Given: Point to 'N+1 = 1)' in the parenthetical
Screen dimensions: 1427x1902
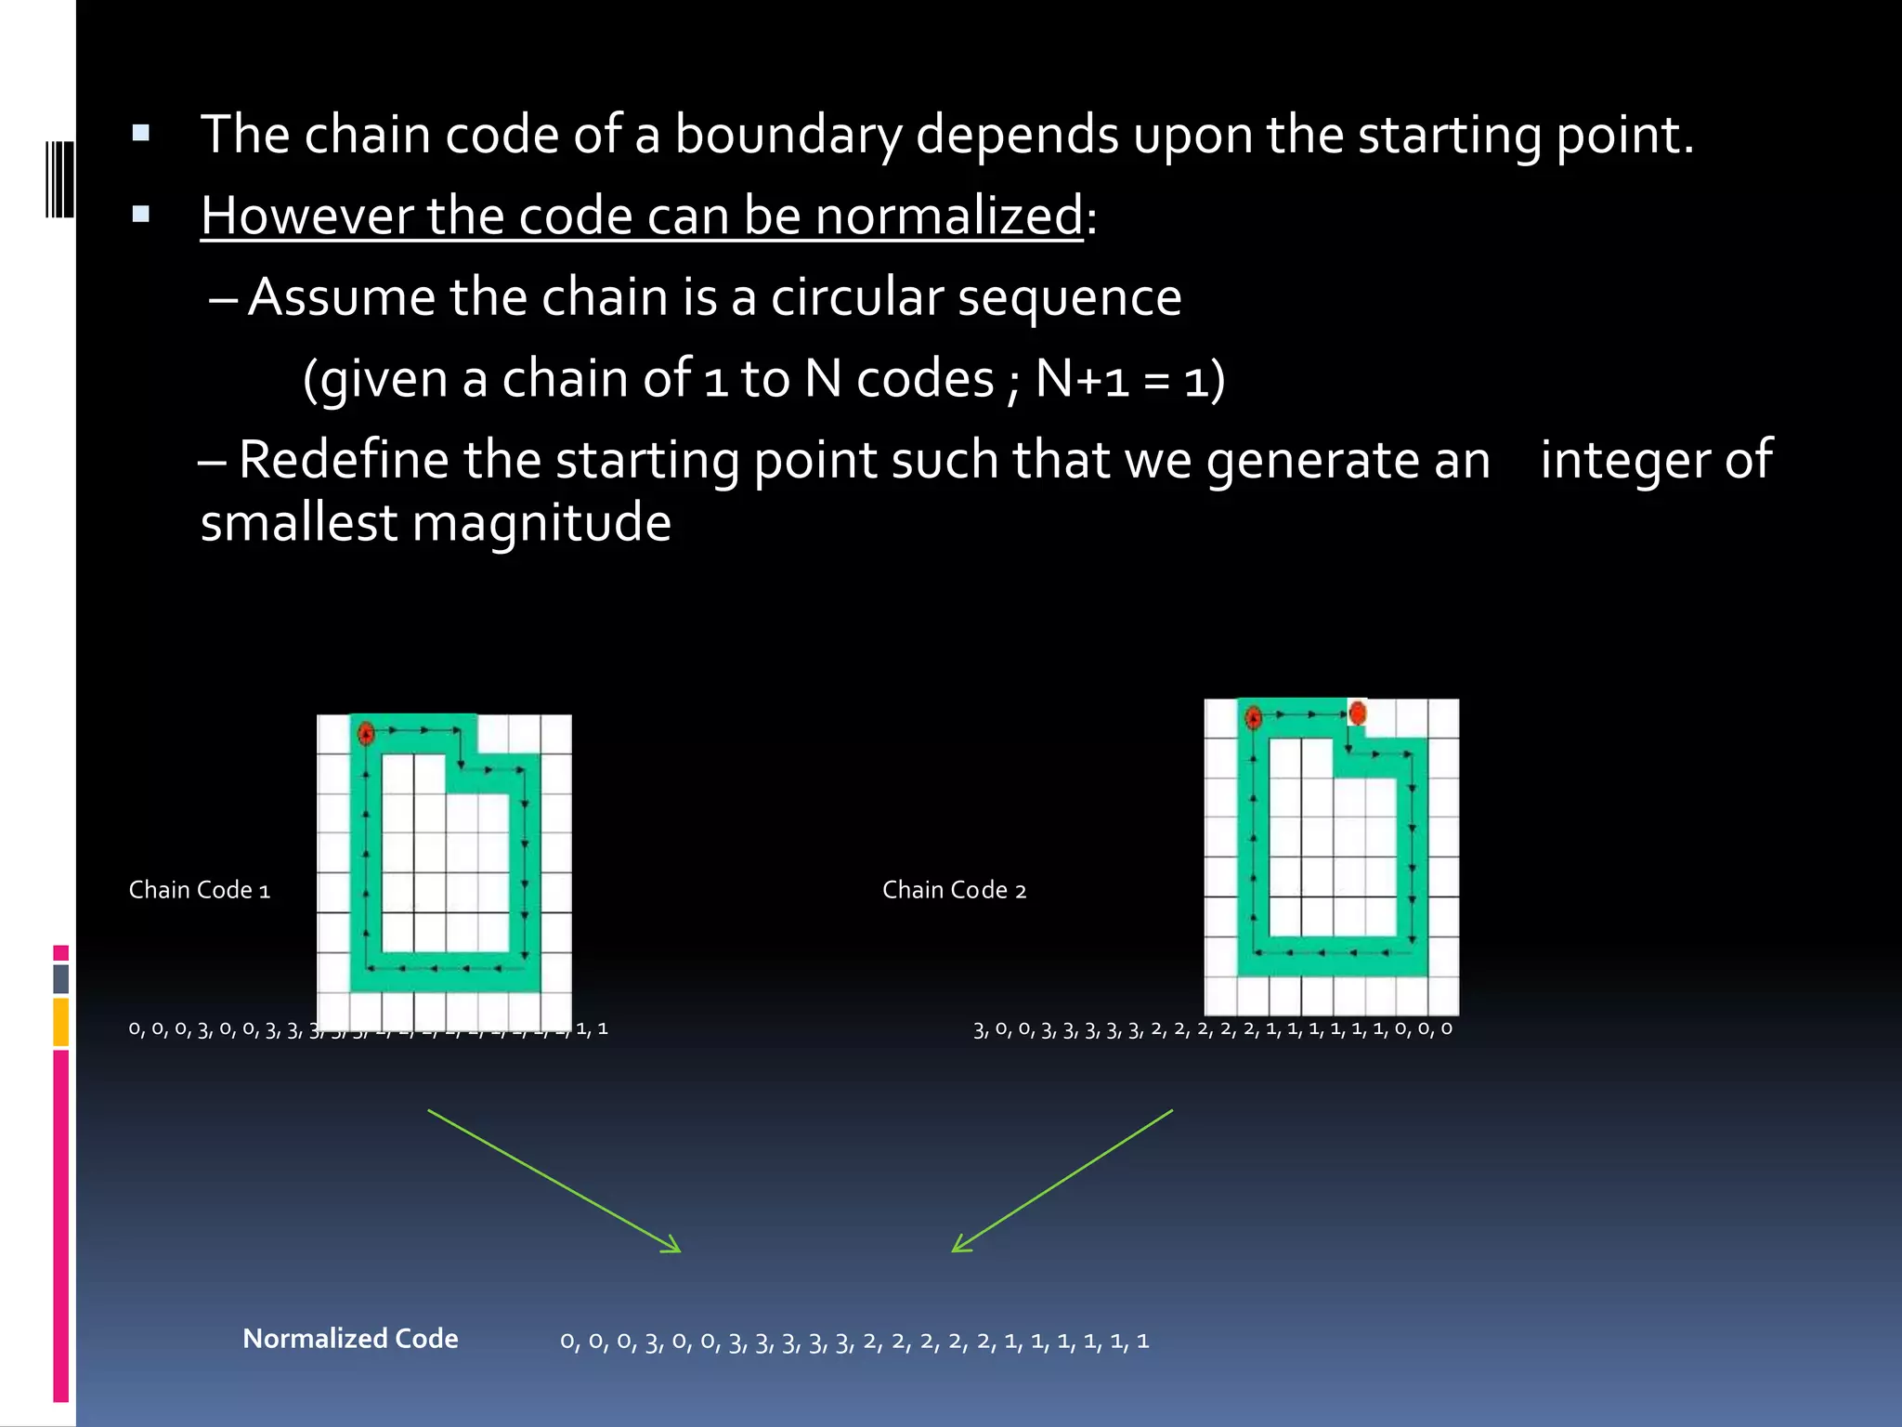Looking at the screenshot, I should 1129,379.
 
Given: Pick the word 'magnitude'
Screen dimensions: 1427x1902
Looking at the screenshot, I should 541,523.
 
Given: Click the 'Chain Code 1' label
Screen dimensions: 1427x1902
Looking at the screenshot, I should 200,890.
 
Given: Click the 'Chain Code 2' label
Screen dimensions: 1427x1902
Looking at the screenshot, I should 954,890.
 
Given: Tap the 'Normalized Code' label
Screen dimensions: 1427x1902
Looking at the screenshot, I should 350,1339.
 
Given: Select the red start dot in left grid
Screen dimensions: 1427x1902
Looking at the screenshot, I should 366,733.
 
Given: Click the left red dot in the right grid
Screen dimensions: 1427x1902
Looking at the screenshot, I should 1253,717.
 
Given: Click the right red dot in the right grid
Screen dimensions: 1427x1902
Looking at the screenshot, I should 1357,713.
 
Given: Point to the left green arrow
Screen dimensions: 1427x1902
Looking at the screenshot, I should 554,1181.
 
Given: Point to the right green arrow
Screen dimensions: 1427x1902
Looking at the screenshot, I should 1062,1181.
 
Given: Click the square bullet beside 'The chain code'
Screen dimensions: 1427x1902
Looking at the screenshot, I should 141,133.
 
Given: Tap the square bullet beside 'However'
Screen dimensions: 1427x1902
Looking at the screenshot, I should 141,215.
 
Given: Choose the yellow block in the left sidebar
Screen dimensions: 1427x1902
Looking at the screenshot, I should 61,1022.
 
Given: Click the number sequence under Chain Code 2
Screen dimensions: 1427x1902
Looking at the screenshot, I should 1212,1029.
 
